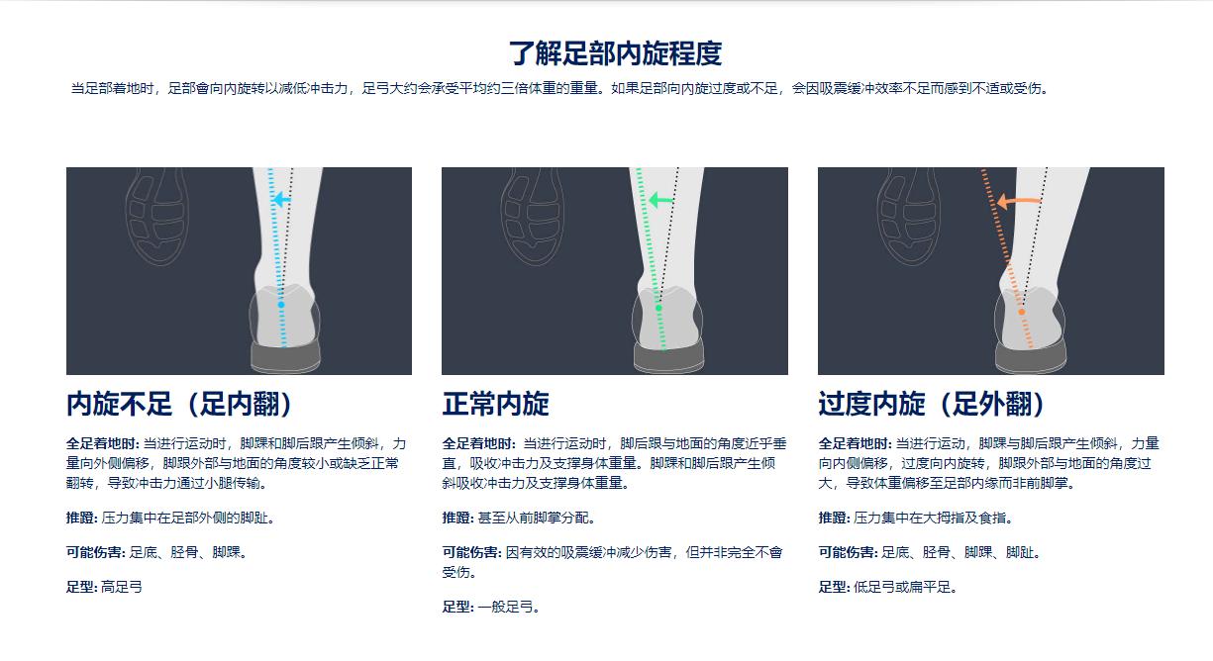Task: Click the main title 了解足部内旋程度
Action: tap(615, 52)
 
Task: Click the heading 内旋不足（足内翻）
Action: tap(179, 404)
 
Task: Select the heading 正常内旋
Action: tap(495, 404)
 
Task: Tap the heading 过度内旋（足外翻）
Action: tap(932, 404)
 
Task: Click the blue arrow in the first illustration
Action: tap(281, 200)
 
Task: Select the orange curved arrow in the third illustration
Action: tap(1017, 202)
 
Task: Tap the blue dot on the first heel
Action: tap(281, 305)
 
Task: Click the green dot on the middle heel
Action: tap(658, 308)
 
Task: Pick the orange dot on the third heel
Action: tap(1022, 312)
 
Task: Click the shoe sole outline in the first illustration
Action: tap(156, 217)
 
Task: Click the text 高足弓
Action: tap(122, 587)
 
